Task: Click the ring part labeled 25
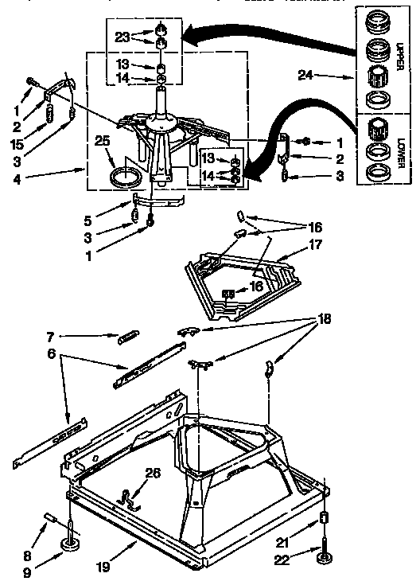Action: click(x=124, y=176)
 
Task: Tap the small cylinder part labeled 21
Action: click(x=324, y=520)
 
